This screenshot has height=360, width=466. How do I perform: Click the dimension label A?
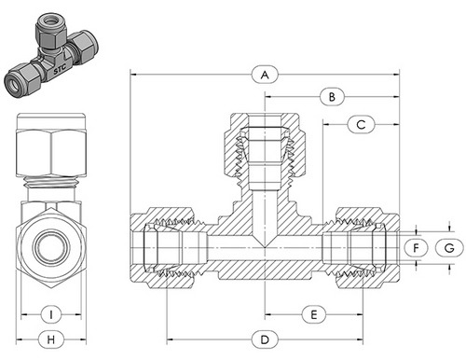click(266, 73)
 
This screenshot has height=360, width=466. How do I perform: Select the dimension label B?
click(333, 96)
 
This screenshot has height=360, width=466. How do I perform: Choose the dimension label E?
click(314, 314)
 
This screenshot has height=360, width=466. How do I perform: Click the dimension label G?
click(449, 247)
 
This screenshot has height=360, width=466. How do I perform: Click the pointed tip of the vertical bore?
click(267, 247)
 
